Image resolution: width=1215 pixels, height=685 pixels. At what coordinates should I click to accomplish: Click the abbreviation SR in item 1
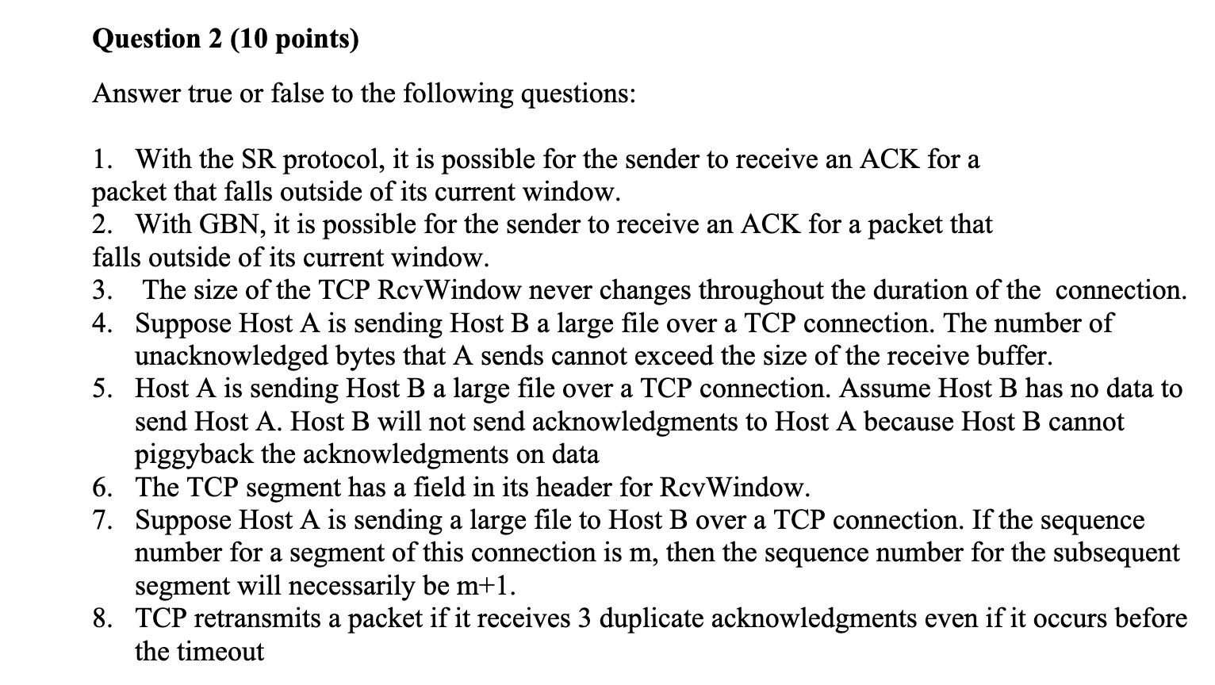(253, 159)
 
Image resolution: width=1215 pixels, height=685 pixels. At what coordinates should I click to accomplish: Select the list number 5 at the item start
(101, 388)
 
